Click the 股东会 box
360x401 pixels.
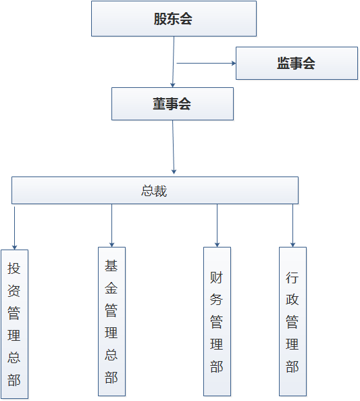click(x=174, y=19)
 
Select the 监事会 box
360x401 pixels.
click(x=297, y=63)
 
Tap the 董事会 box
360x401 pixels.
click(x=172, y=104)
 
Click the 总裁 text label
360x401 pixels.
click(x=154, y=191)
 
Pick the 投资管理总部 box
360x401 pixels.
click(x=15, y=324)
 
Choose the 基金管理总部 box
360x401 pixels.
click(x=111, y=321)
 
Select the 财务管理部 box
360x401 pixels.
click(x=217, y=321)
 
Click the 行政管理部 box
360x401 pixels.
click(x=293, y=321)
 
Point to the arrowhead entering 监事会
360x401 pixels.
click(x=234, y=63)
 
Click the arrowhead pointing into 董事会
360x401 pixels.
click(x=173, y=85)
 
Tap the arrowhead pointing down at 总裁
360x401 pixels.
click(x=174, y=172)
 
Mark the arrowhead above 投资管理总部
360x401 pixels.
click(x=15, y=247)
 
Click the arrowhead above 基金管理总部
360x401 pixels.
click(x=111, y=245)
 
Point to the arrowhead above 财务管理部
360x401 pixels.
click(x=217, y=245)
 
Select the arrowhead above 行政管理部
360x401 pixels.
click(x=293, y=245)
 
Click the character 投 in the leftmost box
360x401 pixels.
click(x=14, y=268)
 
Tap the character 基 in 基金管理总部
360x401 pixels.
click(x=111, y=266)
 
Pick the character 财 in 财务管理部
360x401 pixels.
click(x=216, y=277)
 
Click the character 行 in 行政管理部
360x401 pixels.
click(x=292, y=277)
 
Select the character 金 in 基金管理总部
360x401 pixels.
click(x=111, y=288)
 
